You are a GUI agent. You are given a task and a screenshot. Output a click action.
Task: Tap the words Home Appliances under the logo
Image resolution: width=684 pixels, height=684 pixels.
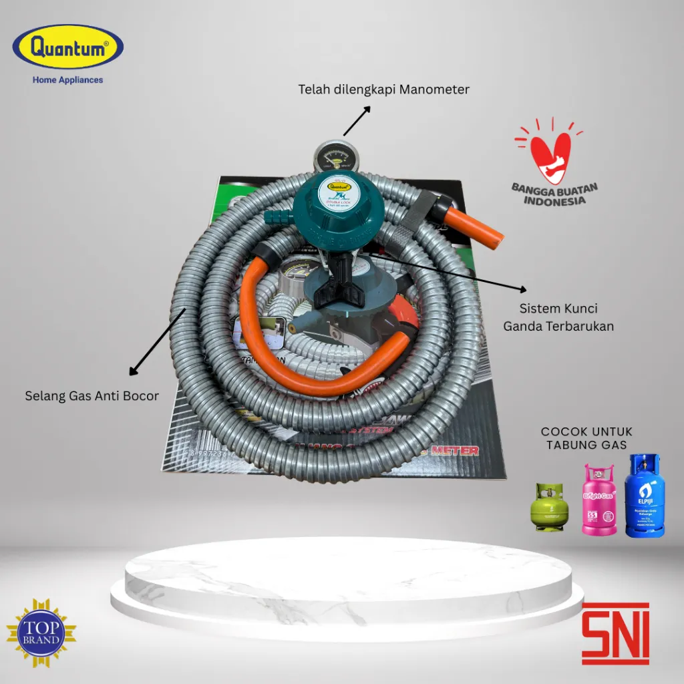68,80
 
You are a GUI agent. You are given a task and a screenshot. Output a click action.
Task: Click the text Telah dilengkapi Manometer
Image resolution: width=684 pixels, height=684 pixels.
383,90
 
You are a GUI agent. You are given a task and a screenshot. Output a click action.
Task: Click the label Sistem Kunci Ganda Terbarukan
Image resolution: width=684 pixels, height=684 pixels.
558,317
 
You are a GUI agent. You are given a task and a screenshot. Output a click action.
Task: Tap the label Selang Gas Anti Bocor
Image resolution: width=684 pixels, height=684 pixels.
92,396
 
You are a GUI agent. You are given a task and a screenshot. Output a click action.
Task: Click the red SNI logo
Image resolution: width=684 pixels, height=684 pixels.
615,632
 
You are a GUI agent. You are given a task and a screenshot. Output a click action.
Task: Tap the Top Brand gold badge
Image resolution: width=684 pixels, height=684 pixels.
41,633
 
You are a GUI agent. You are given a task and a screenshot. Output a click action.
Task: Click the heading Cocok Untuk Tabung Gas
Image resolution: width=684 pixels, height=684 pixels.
586,438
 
